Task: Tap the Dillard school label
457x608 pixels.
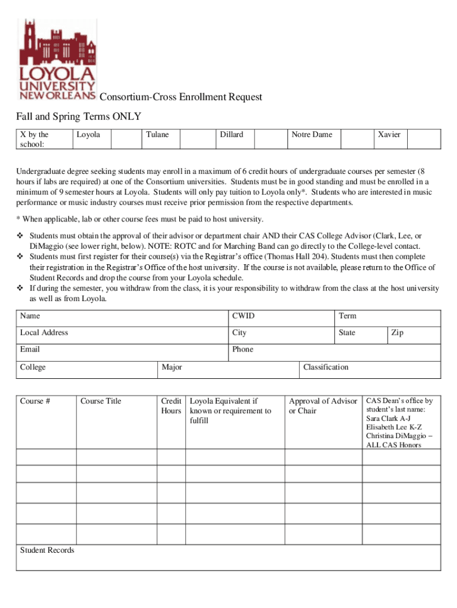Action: coord(231,135)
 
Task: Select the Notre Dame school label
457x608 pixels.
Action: coord(312,135)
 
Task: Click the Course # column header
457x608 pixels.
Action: coord(35,401)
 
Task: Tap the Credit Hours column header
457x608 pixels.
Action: coord(171,406)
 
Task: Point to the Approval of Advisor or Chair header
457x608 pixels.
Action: coord(323,406)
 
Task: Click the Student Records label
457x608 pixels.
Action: coord(47,550)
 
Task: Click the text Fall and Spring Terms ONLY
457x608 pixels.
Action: coord(78,116)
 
